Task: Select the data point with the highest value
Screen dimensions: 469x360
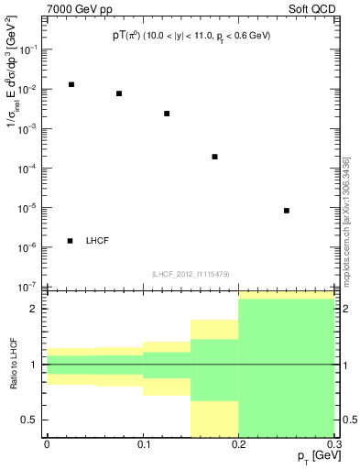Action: point(71,84)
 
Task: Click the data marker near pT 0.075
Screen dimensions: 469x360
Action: point(118,93)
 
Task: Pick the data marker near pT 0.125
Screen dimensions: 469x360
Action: point(167,114)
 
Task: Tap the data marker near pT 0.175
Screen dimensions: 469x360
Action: point(214,157)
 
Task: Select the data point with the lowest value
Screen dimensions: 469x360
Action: point(287,211)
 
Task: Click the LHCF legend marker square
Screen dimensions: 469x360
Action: point(71,241)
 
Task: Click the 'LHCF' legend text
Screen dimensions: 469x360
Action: point(98,241)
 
